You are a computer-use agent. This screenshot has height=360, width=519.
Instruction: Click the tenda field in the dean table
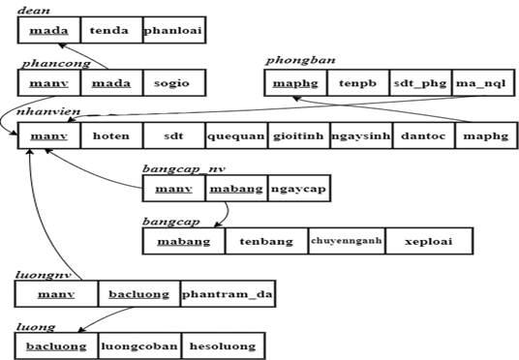[111, 31]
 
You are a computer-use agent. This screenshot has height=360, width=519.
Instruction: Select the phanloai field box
[173, 31]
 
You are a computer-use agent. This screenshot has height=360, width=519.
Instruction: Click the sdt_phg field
[420, 84]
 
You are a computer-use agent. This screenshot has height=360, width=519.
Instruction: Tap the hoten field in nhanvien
[111, 136]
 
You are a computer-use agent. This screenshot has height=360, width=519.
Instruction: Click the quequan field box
[235, 136]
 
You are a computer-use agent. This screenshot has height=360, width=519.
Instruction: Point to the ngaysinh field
[360, 136]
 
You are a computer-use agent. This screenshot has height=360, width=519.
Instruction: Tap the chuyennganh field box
[347, 241]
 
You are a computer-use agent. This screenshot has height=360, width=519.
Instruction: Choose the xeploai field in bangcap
[429, 241]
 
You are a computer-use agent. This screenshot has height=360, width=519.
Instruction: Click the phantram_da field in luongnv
[222, 293]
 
